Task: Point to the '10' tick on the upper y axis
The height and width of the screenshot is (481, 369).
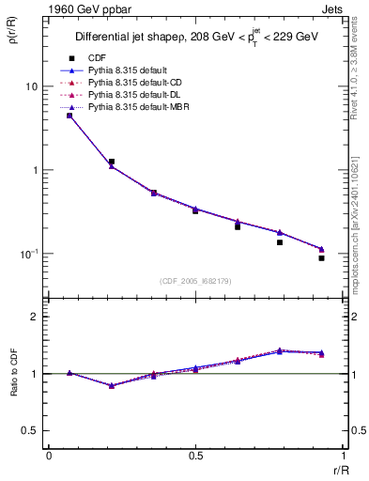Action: [32, 86]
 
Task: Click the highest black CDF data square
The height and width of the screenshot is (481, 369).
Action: [69, 116]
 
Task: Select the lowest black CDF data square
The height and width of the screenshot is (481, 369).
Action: [321, 257]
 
